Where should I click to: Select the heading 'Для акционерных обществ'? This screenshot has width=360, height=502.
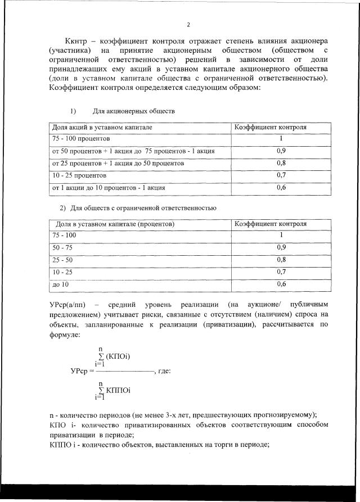pyautogui.click(x=134, y=111)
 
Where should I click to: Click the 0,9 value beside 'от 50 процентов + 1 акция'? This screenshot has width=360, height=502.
pyautogui.click(x=282, y=151)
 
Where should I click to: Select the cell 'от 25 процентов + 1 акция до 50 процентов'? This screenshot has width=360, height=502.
pyautogui.click(x=118, y=164)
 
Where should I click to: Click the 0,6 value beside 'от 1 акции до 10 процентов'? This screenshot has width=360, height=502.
pyautogui.click(x=282, y=188)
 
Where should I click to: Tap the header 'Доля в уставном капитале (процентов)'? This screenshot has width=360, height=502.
pyautogui.click(x=114, y=224)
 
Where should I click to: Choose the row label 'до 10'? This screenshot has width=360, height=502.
pyautogui.click(x=60, y=285)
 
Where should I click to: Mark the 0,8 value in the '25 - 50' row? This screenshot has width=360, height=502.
pyautogui.click(x=282, y=260)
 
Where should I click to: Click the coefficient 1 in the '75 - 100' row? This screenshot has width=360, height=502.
pyautogui.click(x=282, y=235)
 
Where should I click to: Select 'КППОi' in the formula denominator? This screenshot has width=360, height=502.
pyautogui.click(x=118, y=390)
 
